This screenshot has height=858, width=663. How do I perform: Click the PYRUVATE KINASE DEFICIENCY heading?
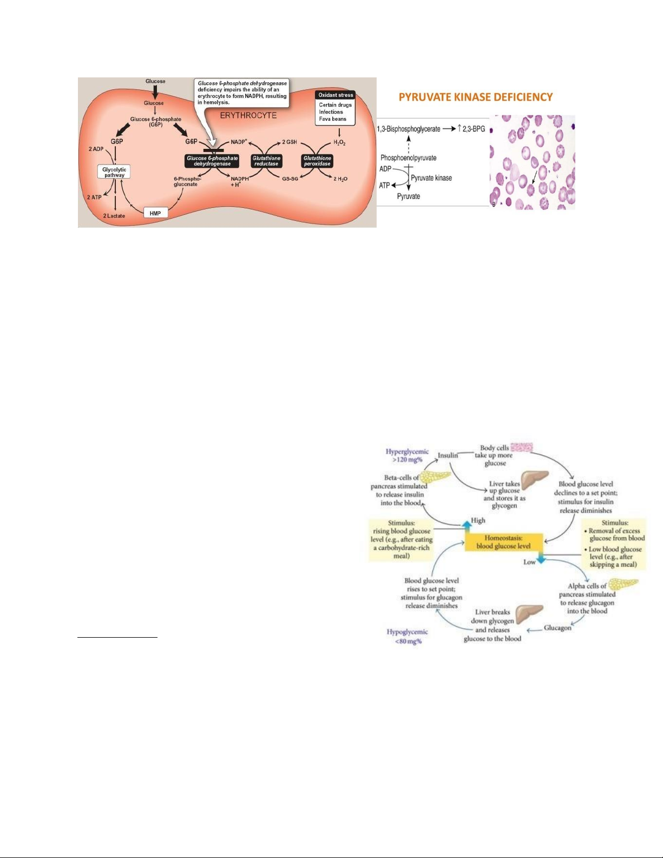(475, 97)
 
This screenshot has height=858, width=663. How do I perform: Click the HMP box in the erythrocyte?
(155, 213)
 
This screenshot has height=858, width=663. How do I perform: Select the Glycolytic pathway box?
(114, 172)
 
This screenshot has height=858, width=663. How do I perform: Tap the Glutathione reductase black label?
(266, 161)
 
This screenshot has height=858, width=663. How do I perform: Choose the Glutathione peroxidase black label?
(317, 161)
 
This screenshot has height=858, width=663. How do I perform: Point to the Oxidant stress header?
(336, 95)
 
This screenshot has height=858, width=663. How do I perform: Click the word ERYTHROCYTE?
(248, 115)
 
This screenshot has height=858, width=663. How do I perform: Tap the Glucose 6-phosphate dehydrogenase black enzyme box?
(212, 161)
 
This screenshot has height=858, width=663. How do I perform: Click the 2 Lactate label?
(114, 216)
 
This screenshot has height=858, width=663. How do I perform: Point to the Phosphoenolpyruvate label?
(408, 158)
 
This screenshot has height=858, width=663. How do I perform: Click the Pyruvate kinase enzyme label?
(431, 178)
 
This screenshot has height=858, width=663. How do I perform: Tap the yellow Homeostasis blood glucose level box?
(503, 542)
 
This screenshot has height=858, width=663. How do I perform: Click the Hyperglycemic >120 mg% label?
(407, 455)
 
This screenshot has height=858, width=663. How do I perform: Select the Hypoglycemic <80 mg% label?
(407, 636)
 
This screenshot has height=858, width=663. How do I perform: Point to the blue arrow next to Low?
(541, 559)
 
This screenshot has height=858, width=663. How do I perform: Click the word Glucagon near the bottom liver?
(557, 628)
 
